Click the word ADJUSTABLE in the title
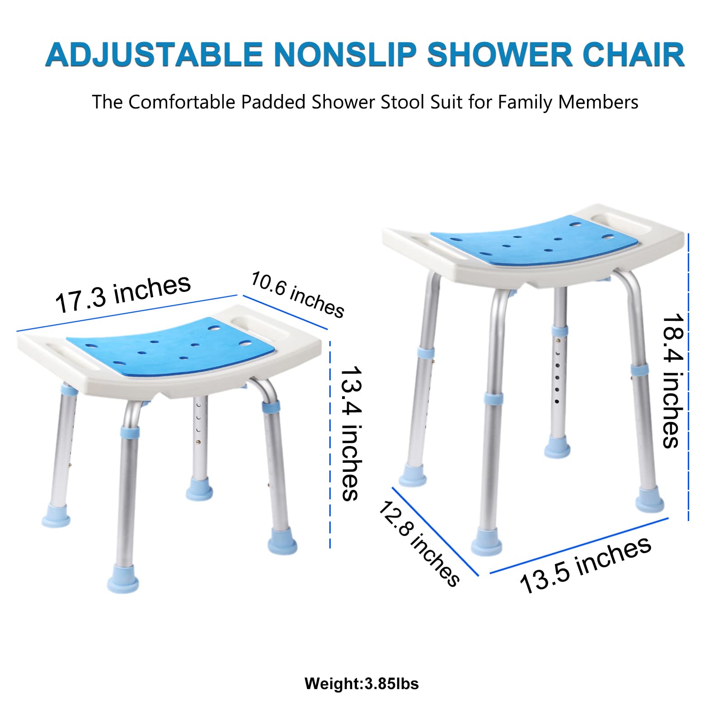154,55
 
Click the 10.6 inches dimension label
297,294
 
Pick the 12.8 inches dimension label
418,544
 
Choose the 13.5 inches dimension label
586,565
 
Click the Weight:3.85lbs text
361,684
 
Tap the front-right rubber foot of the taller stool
650,503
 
